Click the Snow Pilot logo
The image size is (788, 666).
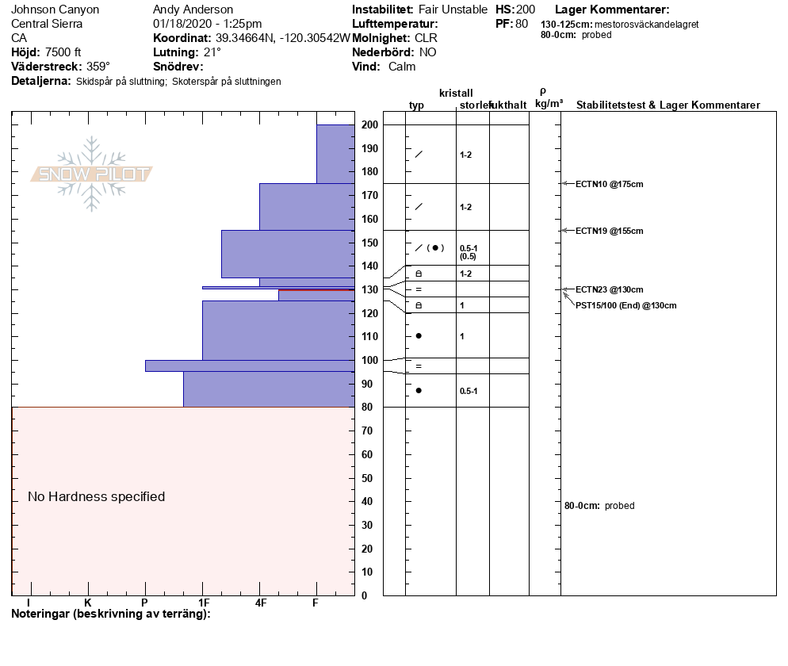[91, 174]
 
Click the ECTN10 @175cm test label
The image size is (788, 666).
[609, 184]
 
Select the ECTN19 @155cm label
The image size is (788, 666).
[609, 231]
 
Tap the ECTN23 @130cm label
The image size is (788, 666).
[609, 289]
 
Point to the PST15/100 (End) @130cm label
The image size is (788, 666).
[625, 305]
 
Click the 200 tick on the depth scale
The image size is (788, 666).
[369, 124]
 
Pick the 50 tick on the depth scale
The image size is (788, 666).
[369, 478]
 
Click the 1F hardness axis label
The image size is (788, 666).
[203, 603]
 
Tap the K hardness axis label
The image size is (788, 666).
[88, 603]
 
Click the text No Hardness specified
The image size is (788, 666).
[97, 497]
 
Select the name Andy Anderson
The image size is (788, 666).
[193, 10]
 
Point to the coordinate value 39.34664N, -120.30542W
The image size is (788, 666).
[283, 38]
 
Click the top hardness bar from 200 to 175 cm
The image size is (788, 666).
[335, 154]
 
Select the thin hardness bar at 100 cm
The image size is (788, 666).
[249, 366]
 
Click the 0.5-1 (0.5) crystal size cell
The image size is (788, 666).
[469, 252]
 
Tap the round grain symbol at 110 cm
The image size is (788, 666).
[419, 336]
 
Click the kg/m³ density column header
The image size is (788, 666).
[549, 105]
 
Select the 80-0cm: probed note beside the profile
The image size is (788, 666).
[599, 506]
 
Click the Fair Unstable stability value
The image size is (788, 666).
[453, 10]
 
